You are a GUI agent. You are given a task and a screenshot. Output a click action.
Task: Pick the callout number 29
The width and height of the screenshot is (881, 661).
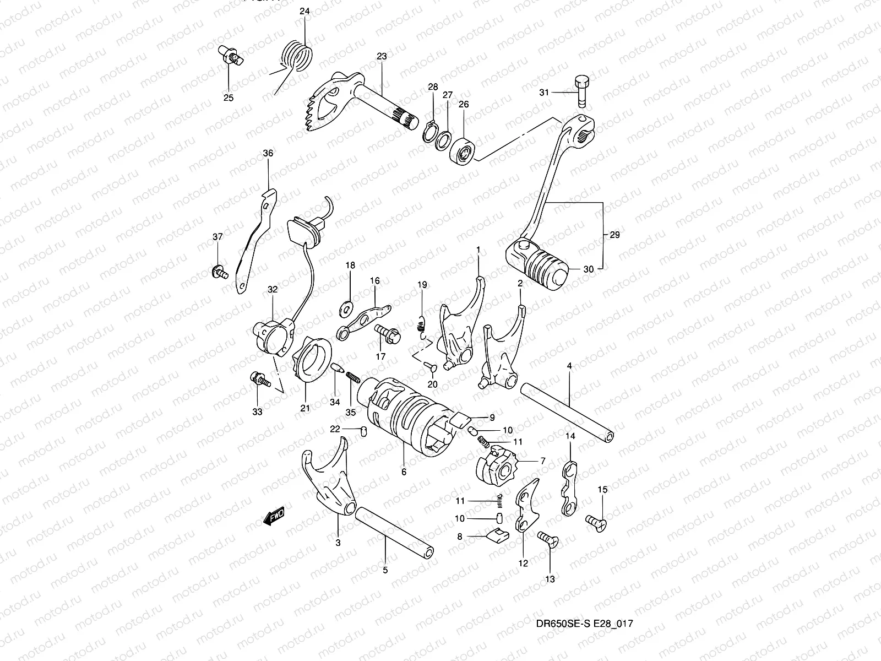click(615, 235)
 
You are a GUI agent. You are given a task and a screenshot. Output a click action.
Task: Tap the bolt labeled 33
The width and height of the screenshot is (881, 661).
click(258, 378)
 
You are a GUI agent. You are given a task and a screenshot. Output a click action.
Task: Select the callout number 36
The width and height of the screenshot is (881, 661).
click(268, 153)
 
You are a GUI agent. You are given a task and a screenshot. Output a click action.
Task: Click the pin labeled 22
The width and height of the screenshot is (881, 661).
click(363, 431)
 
